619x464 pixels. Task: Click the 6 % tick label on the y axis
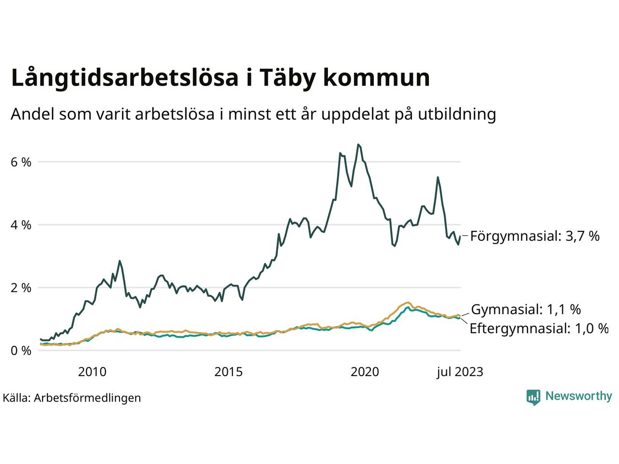click(x=21, y=162)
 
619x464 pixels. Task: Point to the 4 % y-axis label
click(x=21, y=225)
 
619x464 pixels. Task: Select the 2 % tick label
click(x=21, y=288)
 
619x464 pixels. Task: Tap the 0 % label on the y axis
click(x=21, y=351)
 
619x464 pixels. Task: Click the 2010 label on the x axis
click(x=92, y=372)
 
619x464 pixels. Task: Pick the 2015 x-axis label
click(x=229, y=372)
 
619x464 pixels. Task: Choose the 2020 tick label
click(x=365, y=372)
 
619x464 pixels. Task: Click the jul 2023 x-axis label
click(x=459, y=372)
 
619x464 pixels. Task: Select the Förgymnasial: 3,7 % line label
click(x=535, y=236)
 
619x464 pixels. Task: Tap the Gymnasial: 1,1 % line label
click(x=526, y=309)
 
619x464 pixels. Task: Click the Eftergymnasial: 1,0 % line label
click(x=539, y=329)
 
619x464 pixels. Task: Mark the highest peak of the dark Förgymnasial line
click(x=358, y=145)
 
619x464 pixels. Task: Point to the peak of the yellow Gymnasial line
click(x=408, y=303)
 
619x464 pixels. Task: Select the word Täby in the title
click(x=282, y=78)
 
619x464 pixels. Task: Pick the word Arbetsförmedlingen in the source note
click(x=88, y=398)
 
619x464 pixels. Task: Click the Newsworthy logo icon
click(x=533, y=397)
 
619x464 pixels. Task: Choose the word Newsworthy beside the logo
click(x=578, y=396)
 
